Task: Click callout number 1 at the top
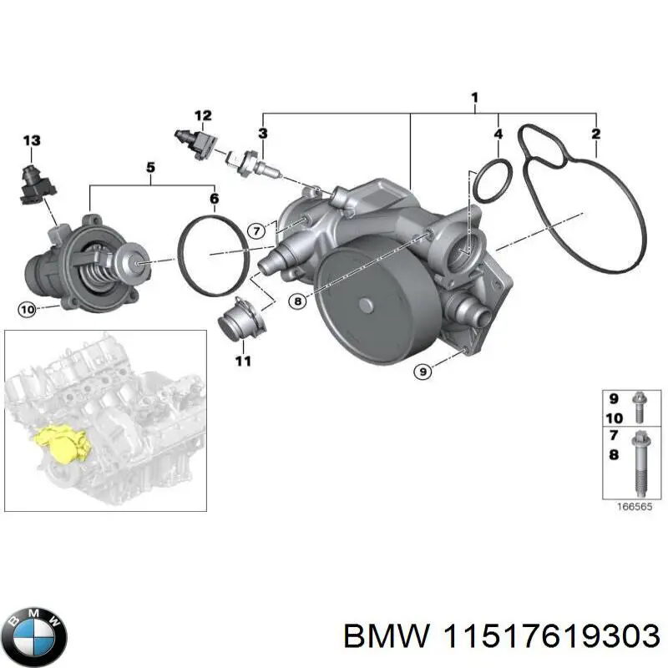[x=474, y=99]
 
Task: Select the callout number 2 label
[x=595, y=134]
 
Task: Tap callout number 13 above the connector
[x=31, y=141]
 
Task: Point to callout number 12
[x=203, y=115]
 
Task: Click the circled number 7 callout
[x=257, y=230]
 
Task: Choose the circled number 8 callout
[x=299, y=302]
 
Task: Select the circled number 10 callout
[x=27, y=310]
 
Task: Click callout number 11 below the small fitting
[x=242, y=362]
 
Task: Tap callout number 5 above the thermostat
[x=151, y=167]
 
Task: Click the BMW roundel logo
[x=34, y=632]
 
